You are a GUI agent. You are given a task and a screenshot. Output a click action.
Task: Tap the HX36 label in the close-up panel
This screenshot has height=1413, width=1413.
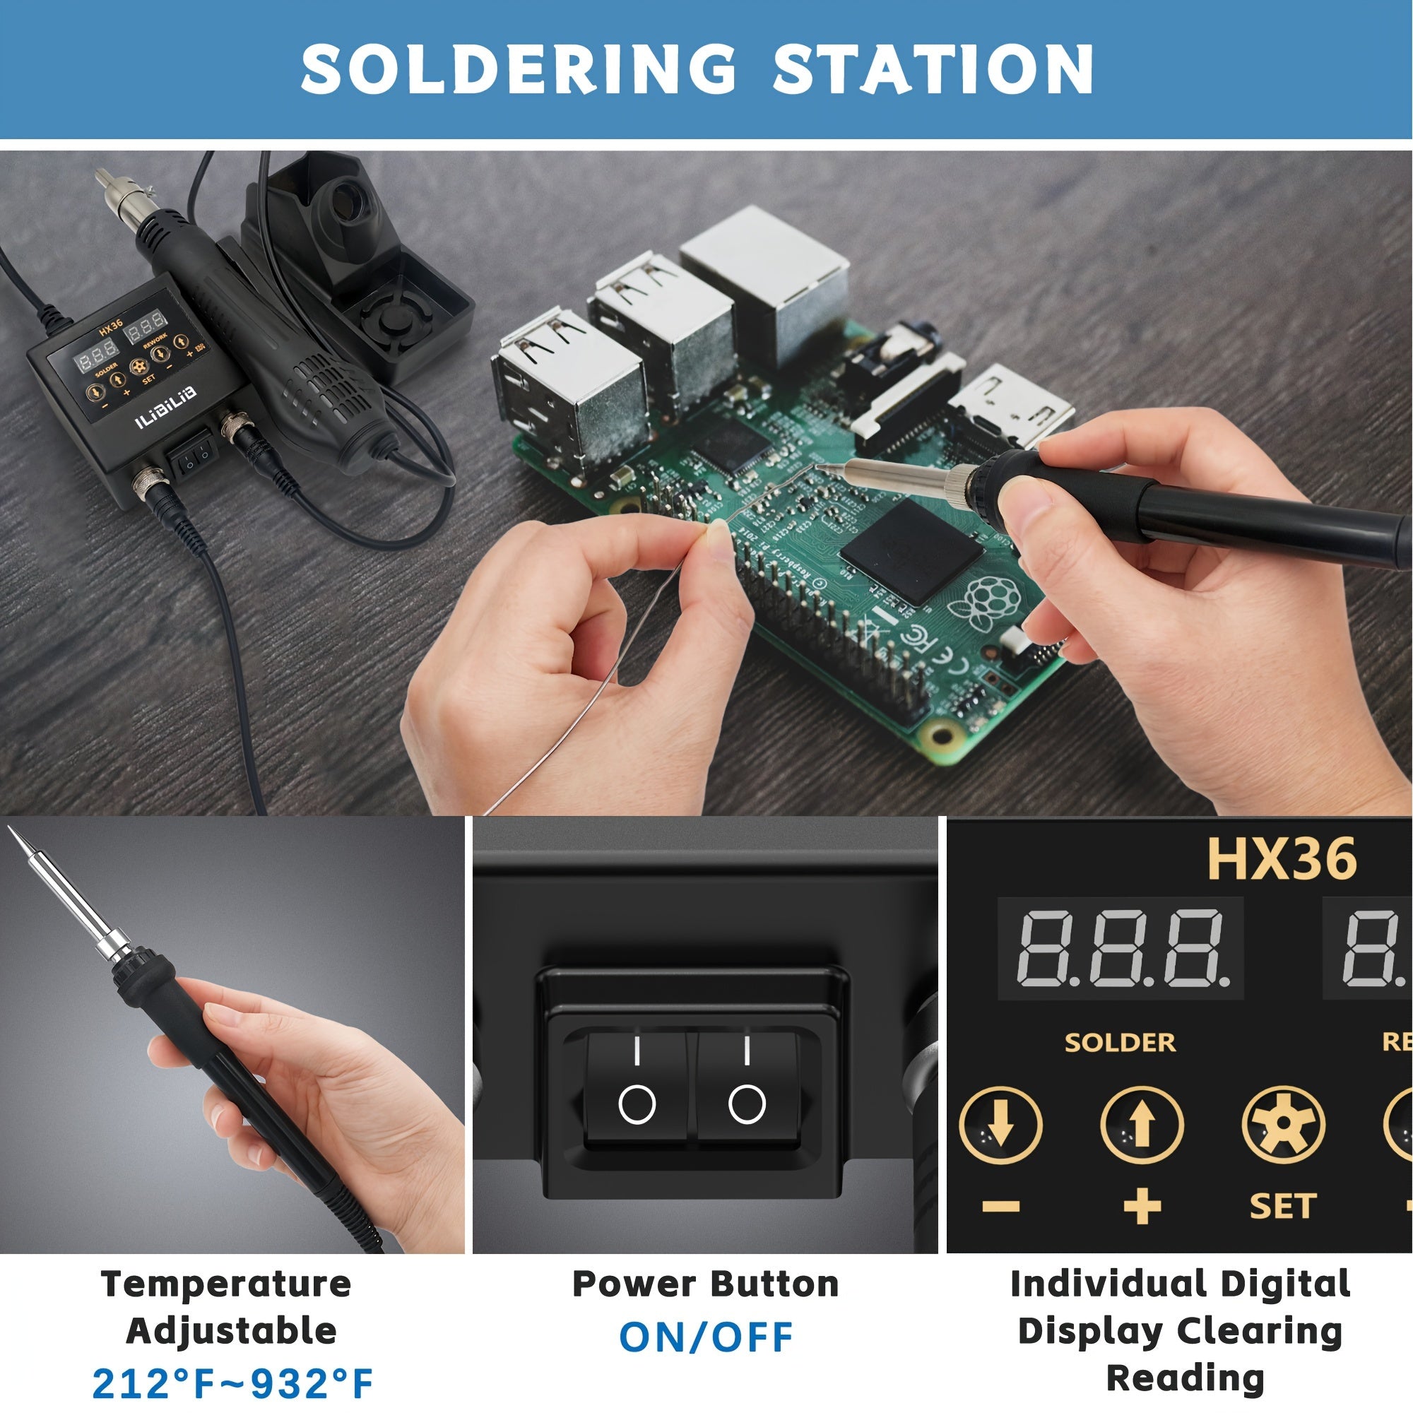click(1282, 858)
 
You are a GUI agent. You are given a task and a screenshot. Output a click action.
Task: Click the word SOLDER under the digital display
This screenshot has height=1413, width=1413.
click(1120, 1042)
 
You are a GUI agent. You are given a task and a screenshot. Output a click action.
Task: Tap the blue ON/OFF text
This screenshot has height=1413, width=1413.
click(706, 1337)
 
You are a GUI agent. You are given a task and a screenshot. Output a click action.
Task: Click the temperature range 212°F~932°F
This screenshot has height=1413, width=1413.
click(232, 1383)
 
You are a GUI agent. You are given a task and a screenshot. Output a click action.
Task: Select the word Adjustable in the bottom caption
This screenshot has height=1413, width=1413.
click(231, 1330)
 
